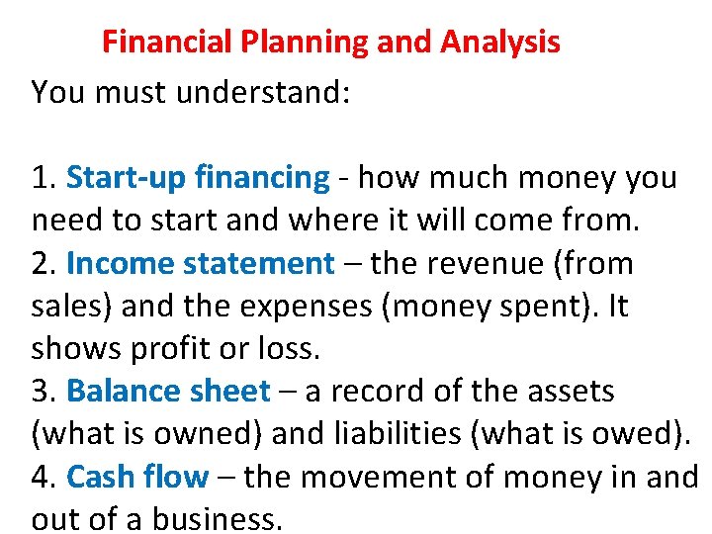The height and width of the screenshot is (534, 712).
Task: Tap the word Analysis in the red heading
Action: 500,43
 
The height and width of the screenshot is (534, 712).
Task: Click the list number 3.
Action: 43,392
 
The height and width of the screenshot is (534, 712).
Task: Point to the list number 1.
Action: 43,178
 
